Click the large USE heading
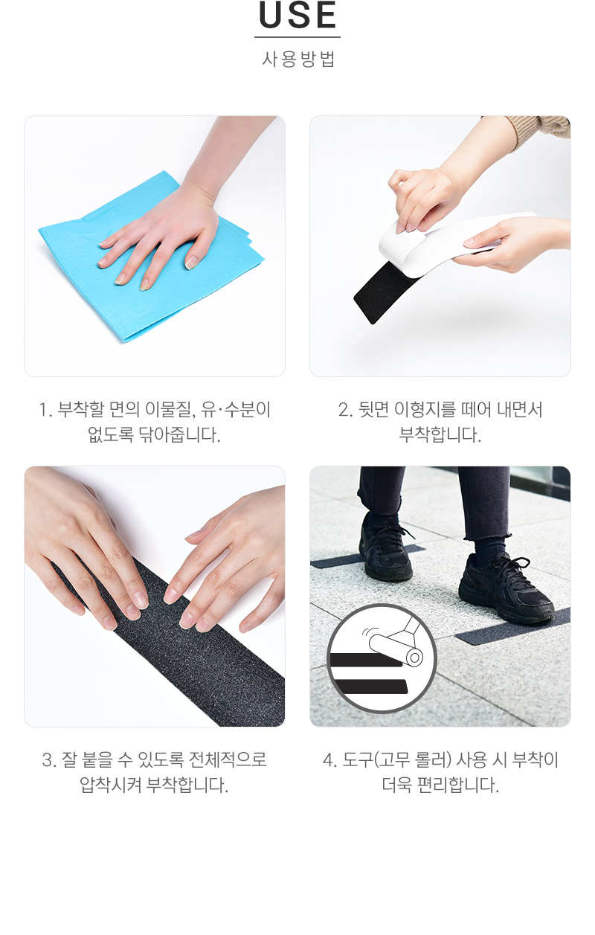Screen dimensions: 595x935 point(297,15)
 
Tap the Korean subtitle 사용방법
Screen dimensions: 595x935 point(298,60)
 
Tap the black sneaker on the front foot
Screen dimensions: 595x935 point(505,588)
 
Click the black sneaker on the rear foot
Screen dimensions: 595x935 point(386,547)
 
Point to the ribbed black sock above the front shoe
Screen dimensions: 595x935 point(490,547)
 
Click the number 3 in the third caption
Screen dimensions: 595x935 point(48,760)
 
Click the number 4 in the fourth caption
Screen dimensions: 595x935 point(329,760)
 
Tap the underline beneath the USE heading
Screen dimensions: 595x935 point(297,37)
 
